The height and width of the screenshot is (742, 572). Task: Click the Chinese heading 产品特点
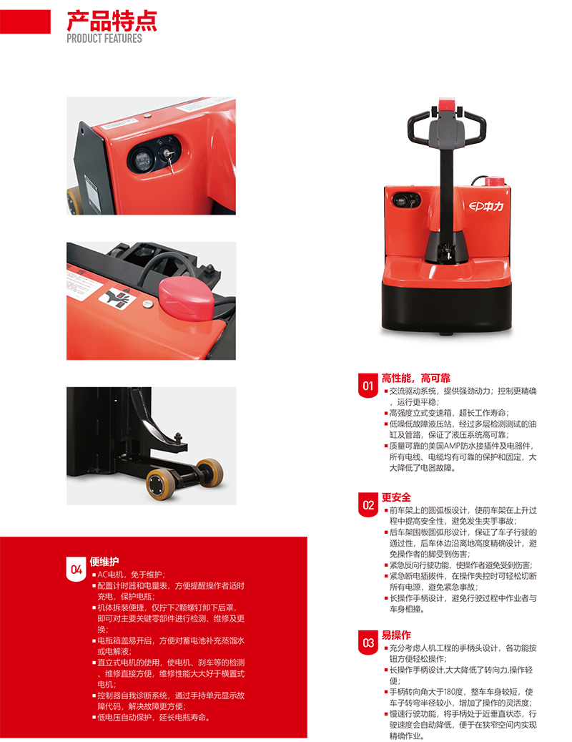click(x=112, y=21)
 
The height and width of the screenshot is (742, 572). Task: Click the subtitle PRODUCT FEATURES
click(x=104, y=39)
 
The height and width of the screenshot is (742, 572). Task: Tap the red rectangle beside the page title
click(x=25, y=21)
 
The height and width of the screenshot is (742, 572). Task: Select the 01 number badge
click(x=368, y=386)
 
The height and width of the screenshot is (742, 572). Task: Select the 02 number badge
click(x=368, y=505)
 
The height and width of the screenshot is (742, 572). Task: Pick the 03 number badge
click(x=368, y=643)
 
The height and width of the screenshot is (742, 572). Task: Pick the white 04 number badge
click(x=76, y=570)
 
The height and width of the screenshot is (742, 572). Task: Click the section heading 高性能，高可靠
click(x=416, y=378)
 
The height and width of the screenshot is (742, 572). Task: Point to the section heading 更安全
click(x=396, y=497)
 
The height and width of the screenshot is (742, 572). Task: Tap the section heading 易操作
click(x=396, y=635)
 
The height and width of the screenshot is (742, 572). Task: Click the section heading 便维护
click(x=104, y=562)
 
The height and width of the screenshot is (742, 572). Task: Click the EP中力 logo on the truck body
click(x=486, y=206)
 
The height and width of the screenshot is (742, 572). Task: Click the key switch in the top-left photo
click(x=167, y=155)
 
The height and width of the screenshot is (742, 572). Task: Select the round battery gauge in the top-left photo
click(x=142, y=159)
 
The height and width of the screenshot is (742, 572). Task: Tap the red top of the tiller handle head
click(x=446, y=104)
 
